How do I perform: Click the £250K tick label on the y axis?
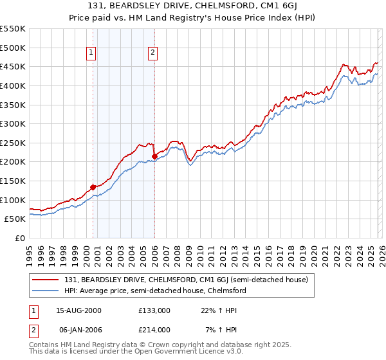pos(13,143)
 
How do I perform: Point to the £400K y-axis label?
pos(13,85)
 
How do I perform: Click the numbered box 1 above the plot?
pos(91,53)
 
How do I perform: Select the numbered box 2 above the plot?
pos(153,53)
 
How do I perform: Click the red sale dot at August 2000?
pos(93,187)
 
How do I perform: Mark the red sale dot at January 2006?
pos(155,156)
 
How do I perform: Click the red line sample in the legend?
pos(46,280)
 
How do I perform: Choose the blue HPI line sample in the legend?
pos(46,291)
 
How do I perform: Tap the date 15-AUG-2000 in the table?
pos(79,310)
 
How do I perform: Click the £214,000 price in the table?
pos(154,330)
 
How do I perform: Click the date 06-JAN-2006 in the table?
pos(78,330)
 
